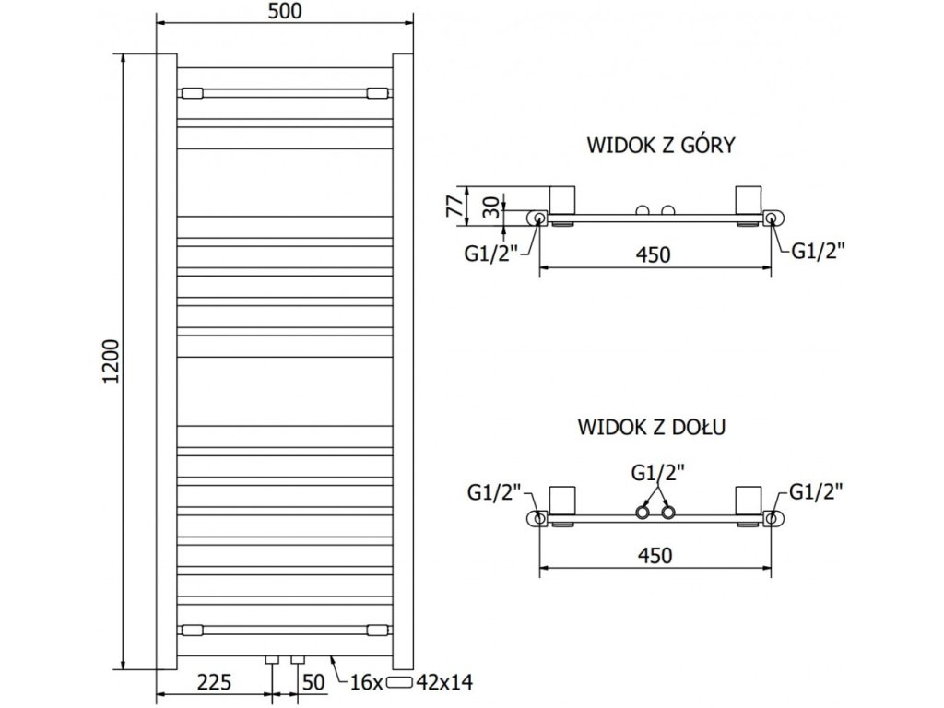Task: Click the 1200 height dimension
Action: [x=110, y=365]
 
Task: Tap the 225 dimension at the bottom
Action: [x=212, y=682]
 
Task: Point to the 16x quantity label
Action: [x=367, y=682]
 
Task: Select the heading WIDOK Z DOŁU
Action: [x=655, y=427]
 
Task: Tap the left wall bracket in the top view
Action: [x=562, y=200]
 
